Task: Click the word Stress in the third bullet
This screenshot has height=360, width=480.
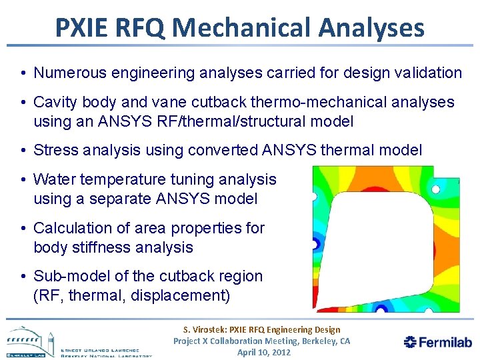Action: [53, 150]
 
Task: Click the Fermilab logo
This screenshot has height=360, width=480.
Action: [437, 342]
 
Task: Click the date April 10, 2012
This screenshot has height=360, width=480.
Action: [264, 352]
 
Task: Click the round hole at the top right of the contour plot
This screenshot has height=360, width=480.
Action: [436, 189]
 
